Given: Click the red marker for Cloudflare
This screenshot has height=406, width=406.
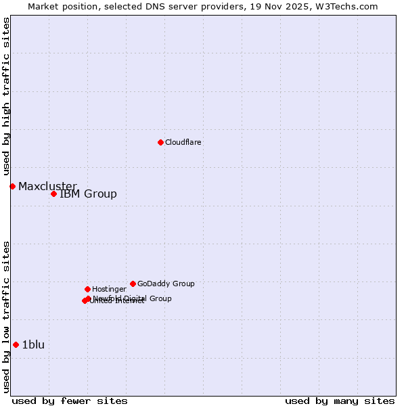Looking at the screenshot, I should (x=160, y=142).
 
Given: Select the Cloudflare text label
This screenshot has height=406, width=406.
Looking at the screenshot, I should (x=183, y=143).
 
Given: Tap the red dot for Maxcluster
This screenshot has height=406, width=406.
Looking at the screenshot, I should (x=12, y=186).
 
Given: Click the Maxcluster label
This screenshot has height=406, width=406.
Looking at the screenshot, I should (x=47, y=187).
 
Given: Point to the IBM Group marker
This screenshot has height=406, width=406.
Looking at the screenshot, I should (x=53, y=194).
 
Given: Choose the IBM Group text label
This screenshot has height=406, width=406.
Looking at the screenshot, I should (x=88, y=194).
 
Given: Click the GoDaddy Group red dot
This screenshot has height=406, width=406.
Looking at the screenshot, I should (x=133, y=284).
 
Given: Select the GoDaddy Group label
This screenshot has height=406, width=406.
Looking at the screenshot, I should (x=166, y=284).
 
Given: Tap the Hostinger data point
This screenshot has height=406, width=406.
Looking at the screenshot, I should (x=87, y=289).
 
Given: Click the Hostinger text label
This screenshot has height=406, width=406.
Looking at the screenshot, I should (x=109, y=290).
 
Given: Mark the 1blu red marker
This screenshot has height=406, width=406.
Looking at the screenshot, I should (x=16, y=344).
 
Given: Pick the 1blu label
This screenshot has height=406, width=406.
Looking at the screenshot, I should (x=33, y=345).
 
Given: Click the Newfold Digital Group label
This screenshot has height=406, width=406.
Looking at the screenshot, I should (x=133, y=298).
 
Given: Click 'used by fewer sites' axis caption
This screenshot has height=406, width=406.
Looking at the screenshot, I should (x=70, y=401).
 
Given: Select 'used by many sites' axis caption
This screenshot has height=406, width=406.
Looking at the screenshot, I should (x=340, y=401).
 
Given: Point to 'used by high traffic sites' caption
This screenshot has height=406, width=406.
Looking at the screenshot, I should (x=6, y=96).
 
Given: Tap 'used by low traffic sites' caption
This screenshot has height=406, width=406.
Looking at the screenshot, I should (x=6, y=317).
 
